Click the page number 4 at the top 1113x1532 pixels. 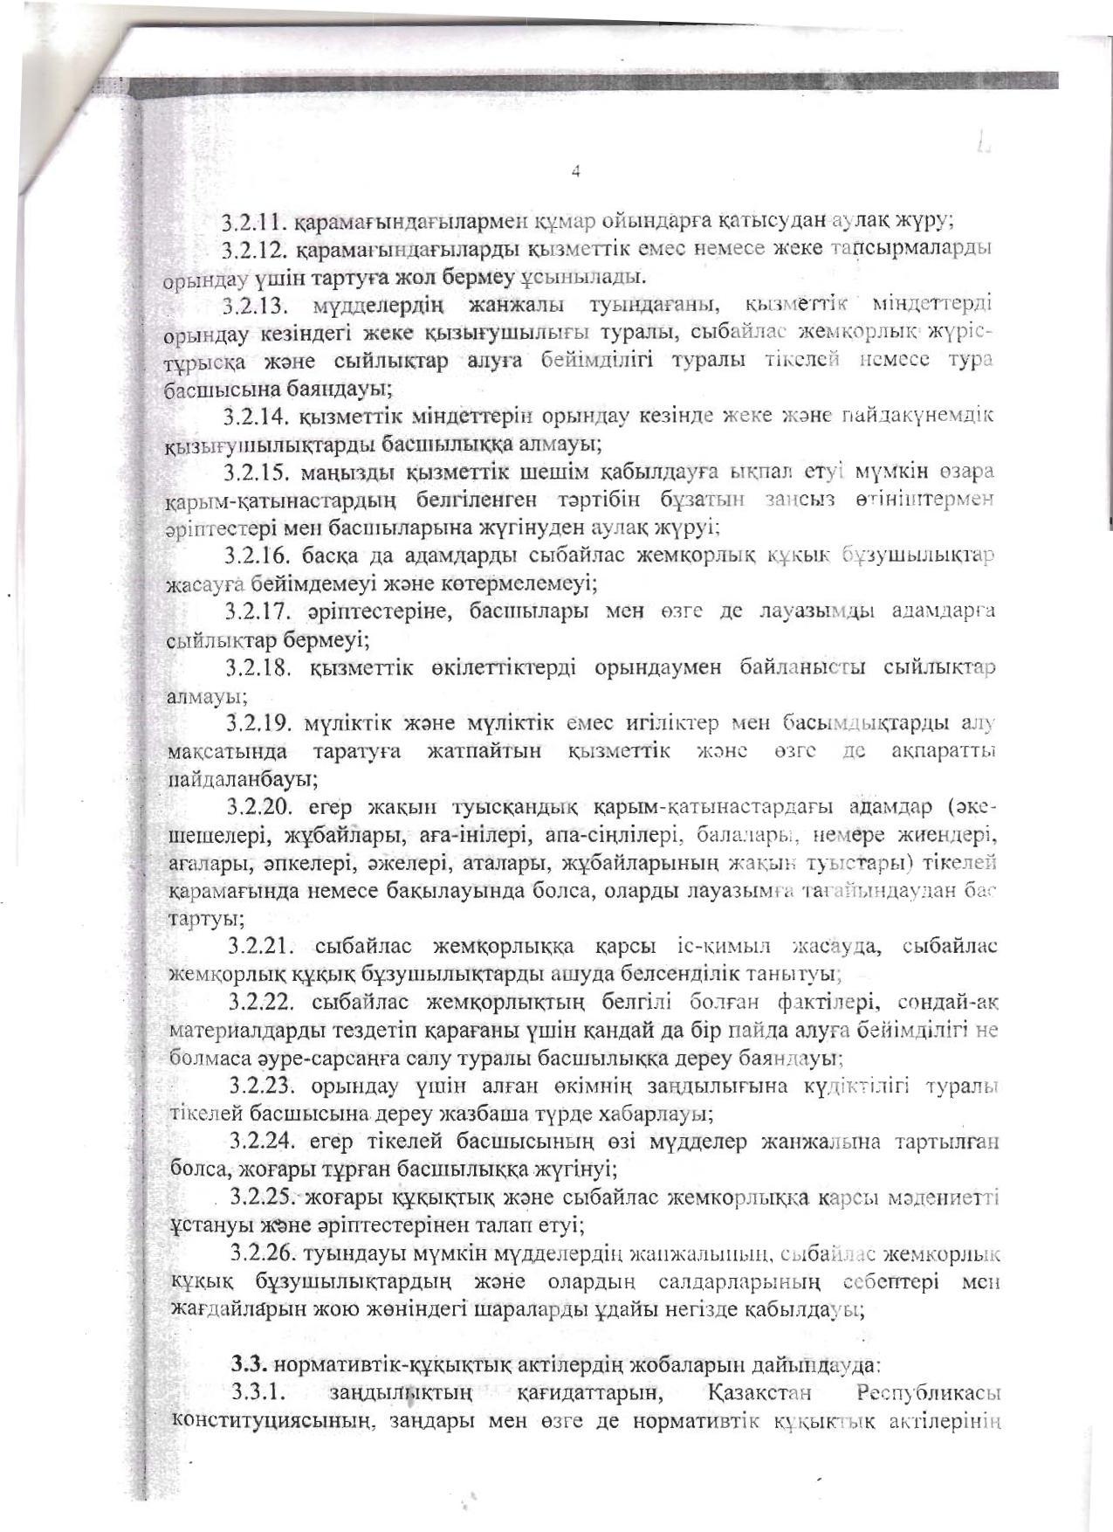575,171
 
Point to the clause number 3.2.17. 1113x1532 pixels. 258,611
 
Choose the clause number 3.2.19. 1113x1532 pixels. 260,724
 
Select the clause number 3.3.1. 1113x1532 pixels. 255,1392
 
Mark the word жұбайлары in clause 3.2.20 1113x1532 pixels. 338,835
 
